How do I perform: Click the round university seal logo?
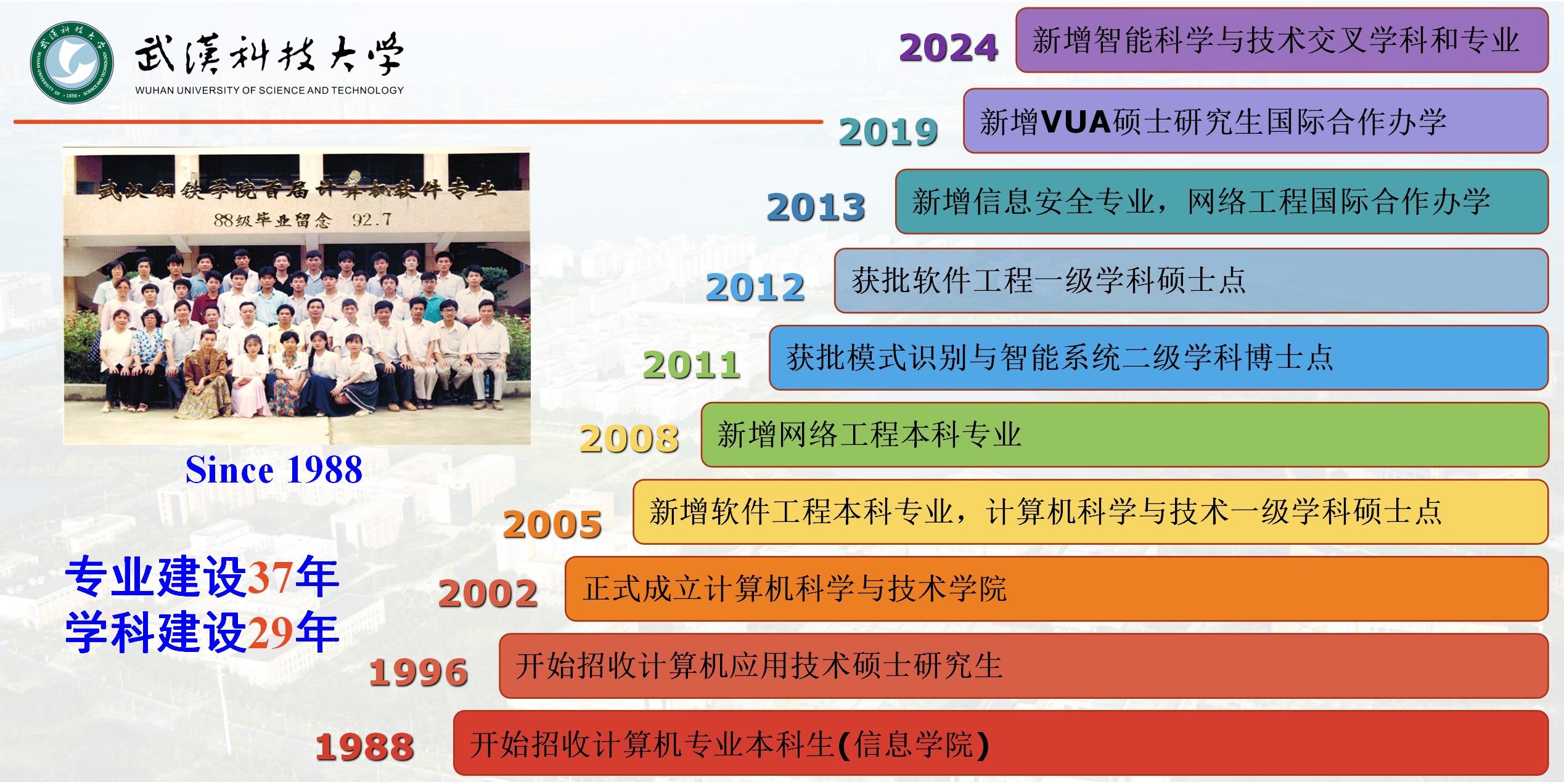(72, 62)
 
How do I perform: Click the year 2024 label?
(948, 47)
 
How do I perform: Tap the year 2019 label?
(888, 132)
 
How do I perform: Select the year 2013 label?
(816, 207)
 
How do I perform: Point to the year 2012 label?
(755, 287)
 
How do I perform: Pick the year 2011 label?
(692, 365)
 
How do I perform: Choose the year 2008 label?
(629, 439)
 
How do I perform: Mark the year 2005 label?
(552, 524)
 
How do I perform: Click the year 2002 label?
(488, 593)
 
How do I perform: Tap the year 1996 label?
(419, 672)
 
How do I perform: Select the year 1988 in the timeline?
(364, 747)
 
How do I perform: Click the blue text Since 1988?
(274, 470)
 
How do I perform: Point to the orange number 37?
(271, 578)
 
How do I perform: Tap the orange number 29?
(271, 633)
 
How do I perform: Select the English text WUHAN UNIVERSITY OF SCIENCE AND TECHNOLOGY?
(269, 91)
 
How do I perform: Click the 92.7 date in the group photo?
(371, 219)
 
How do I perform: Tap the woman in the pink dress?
(252, 376)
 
